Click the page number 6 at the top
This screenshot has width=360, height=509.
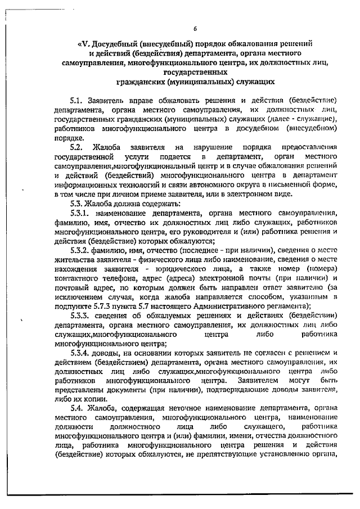coord(195,29)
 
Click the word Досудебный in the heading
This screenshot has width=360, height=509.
coord(116,43)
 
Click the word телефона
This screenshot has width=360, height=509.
coord(115,279)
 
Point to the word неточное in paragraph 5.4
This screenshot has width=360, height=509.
coord(178,407)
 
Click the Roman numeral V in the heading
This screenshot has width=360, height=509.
coord(80,43)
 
